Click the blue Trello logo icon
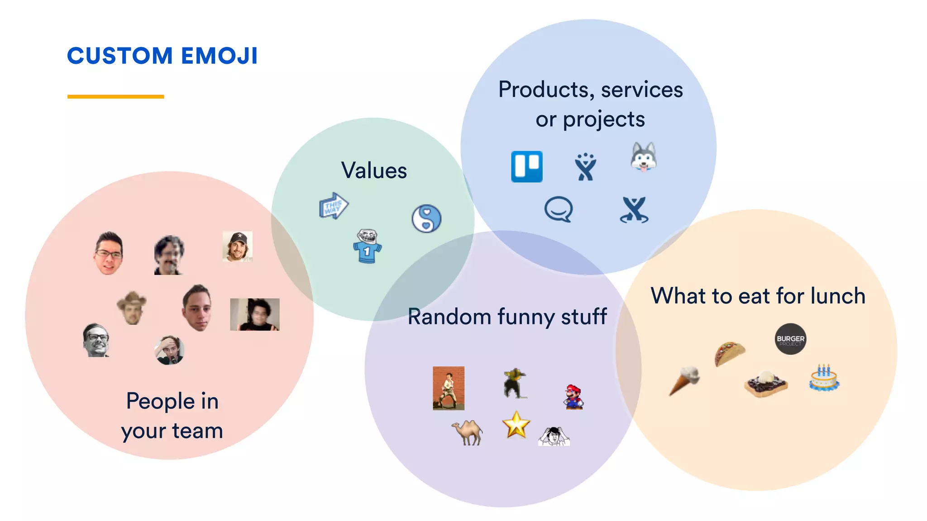(526, 166)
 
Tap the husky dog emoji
(643, 157)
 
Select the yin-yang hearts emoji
(426, 218)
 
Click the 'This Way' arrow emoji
(334, 206)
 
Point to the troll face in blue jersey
(367, 246)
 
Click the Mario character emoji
(573, 397)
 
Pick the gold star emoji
(516, 425)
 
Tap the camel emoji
(468, 432)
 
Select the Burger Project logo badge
(790, 339)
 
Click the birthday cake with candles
(824, 378)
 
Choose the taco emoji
(729, 353)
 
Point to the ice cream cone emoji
(684, 380)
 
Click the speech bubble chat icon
(558, 209)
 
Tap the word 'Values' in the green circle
(374, 171)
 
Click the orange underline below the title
(115, 96)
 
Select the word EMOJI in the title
(219, 56)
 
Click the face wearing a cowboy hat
(132, 308)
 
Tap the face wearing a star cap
(237, 246)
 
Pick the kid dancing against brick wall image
(448, 388)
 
